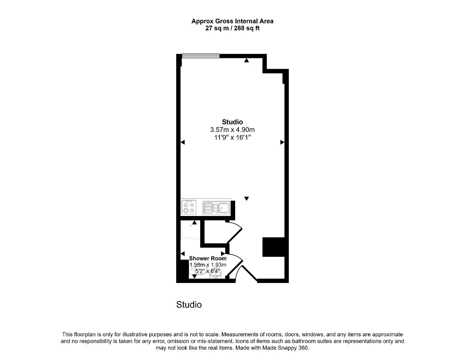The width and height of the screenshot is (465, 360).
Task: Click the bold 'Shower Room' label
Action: [x=208, y=258]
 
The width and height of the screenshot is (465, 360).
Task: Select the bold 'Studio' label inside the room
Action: [x=232, y=122]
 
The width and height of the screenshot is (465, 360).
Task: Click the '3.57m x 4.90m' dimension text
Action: [x=232, y=130]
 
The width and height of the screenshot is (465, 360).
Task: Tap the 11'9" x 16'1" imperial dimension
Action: [x=232, y=137]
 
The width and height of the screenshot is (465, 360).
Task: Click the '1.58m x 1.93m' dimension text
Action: [x=208, y=265]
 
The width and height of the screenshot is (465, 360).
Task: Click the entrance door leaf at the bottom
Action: [x=249, y=273]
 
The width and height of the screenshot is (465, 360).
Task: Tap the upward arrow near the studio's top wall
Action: [x=246, y=61]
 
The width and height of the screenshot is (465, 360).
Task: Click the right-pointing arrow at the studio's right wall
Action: [x=282, y=142]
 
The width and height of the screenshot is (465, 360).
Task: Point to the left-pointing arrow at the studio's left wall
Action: [x=183, y=142]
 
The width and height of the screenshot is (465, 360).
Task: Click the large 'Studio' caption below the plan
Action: [x=189, y=305]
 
